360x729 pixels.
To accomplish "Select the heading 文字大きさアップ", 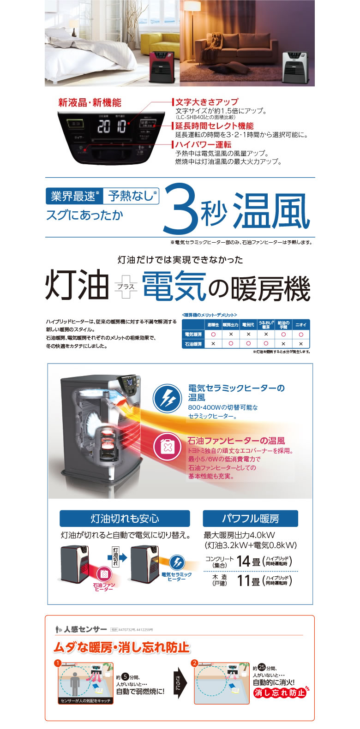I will coord(207,102).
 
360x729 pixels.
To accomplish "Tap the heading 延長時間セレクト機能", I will coord(214,126).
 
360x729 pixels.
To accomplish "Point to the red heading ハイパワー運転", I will coord(204,145).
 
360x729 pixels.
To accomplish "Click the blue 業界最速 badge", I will coord(73,196).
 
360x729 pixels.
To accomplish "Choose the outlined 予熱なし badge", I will coord(131,196).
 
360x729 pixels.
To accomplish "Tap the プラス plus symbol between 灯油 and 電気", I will coord(126,286).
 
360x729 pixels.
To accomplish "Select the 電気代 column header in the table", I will coord(248,325).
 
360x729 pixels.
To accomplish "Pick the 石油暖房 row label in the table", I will coord(193,344).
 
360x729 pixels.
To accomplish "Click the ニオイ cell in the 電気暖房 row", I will coord(300,335).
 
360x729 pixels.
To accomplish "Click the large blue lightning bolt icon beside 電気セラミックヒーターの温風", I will coord(167,398).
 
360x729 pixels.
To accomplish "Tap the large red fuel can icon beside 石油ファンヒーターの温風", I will coord(167,446).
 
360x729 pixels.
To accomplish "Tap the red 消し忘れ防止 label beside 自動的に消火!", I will coord(280,693).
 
